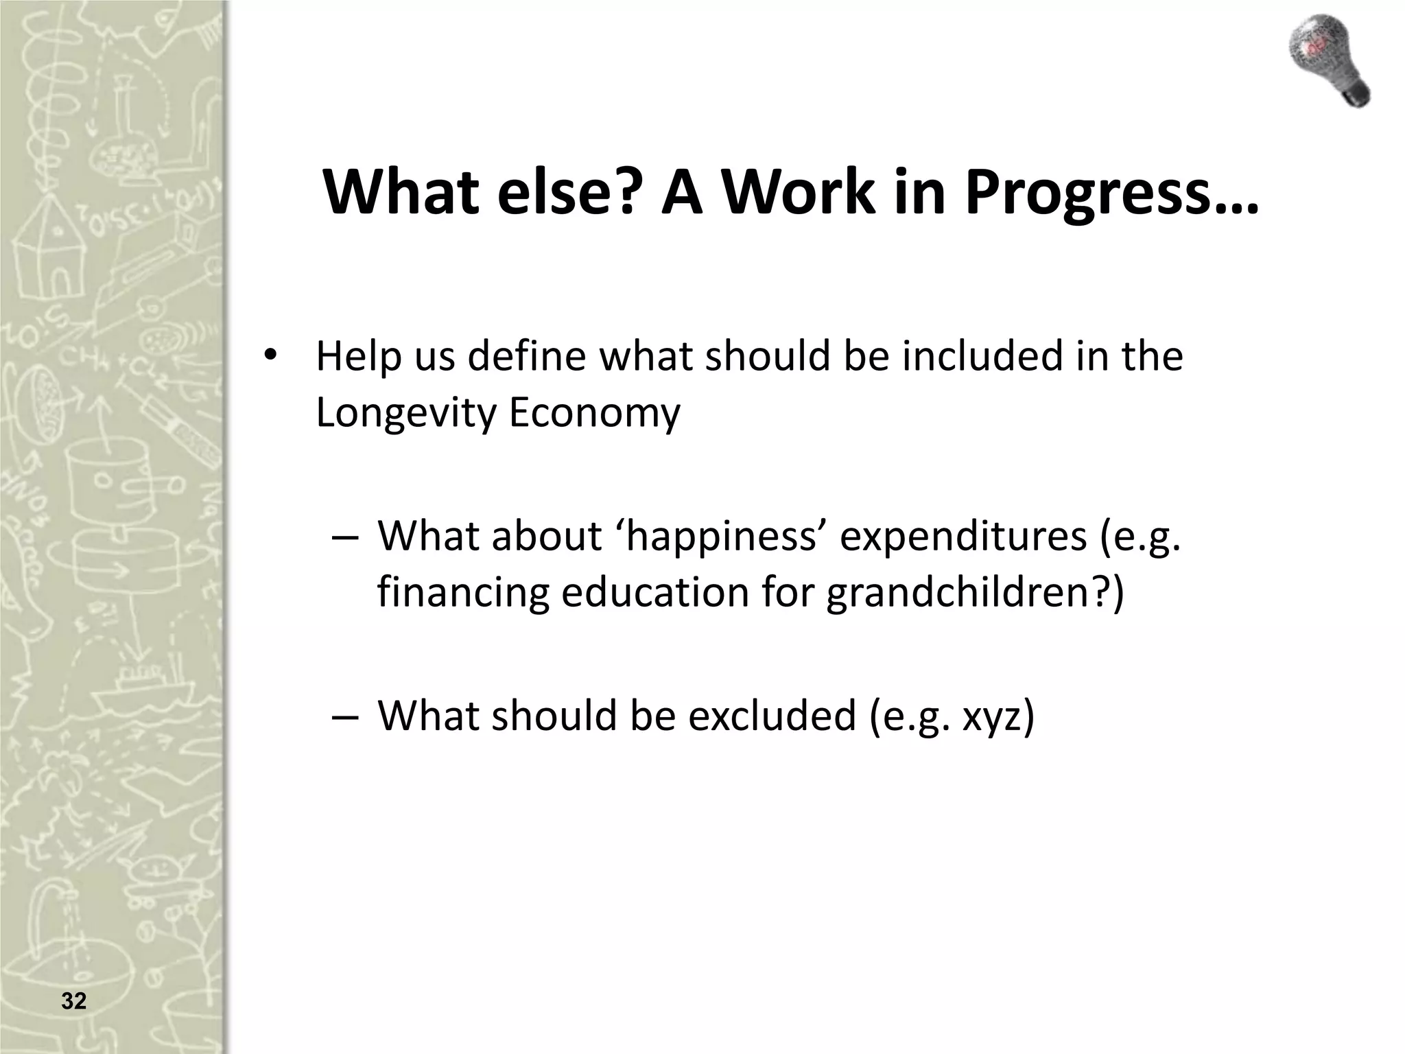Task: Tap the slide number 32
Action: [74, 1001]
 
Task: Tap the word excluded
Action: [772, 715]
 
